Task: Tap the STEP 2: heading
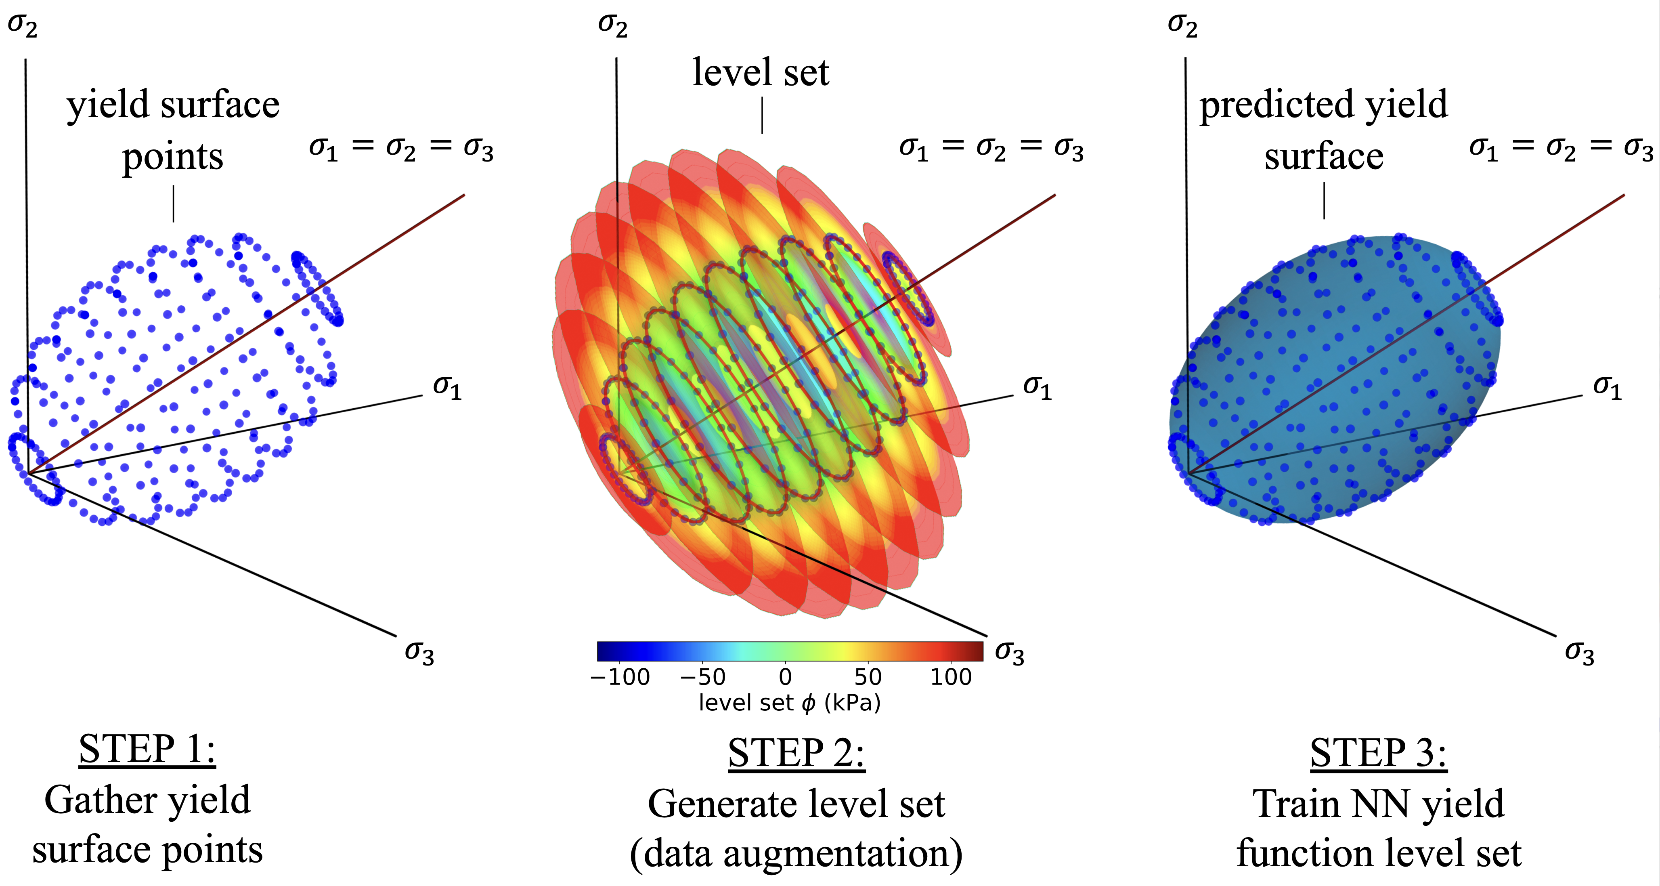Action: [x=796, y=753]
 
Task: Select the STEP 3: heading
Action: [x=1378, y=753]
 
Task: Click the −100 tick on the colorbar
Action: [x=620, y=677]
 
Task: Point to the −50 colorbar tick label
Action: [x=703, y=677]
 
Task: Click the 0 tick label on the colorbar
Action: [x=785, y=677]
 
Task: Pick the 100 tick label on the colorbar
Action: [x=951, y=677]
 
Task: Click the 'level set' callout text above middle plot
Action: [x=761, y=72]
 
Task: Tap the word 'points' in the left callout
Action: [x=173, y=157]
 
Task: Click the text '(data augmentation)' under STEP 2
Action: [x=796, y=854]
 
